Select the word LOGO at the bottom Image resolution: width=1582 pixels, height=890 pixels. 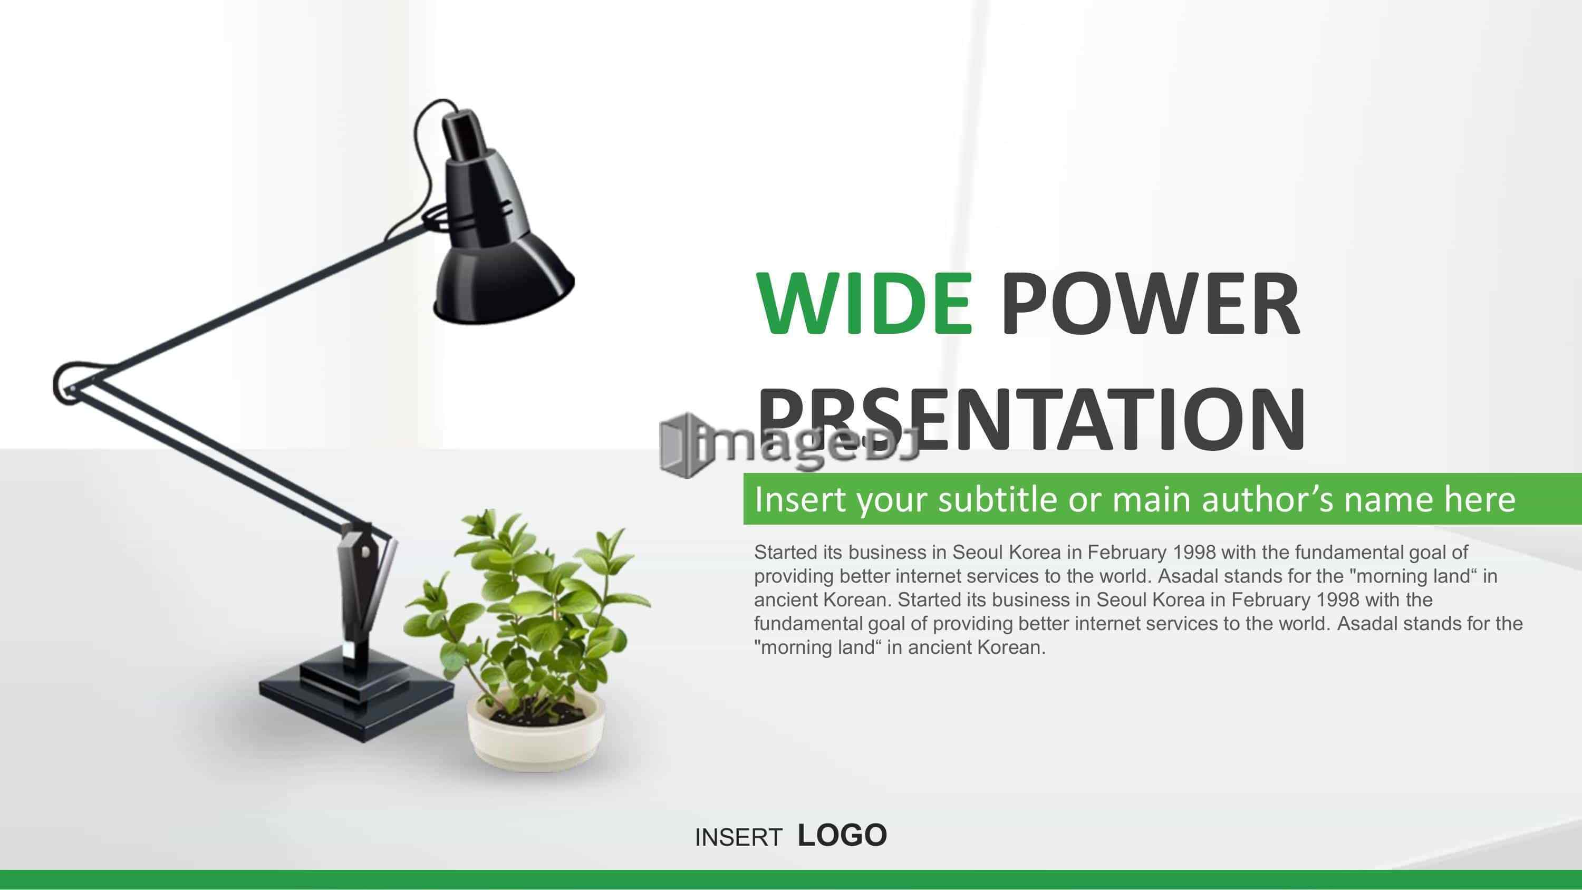843,835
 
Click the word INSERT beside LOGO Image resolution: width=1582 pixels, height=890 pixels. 738,837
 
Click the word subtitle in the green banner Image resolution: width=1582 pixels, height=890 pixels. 999,499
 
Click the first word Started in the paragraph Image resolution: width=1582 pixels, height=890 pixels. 786,552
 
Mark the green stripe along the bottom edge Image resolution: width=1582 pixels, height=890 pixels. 791,879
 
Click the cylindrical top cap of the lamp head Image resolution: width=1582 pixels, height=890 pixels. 464,135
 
